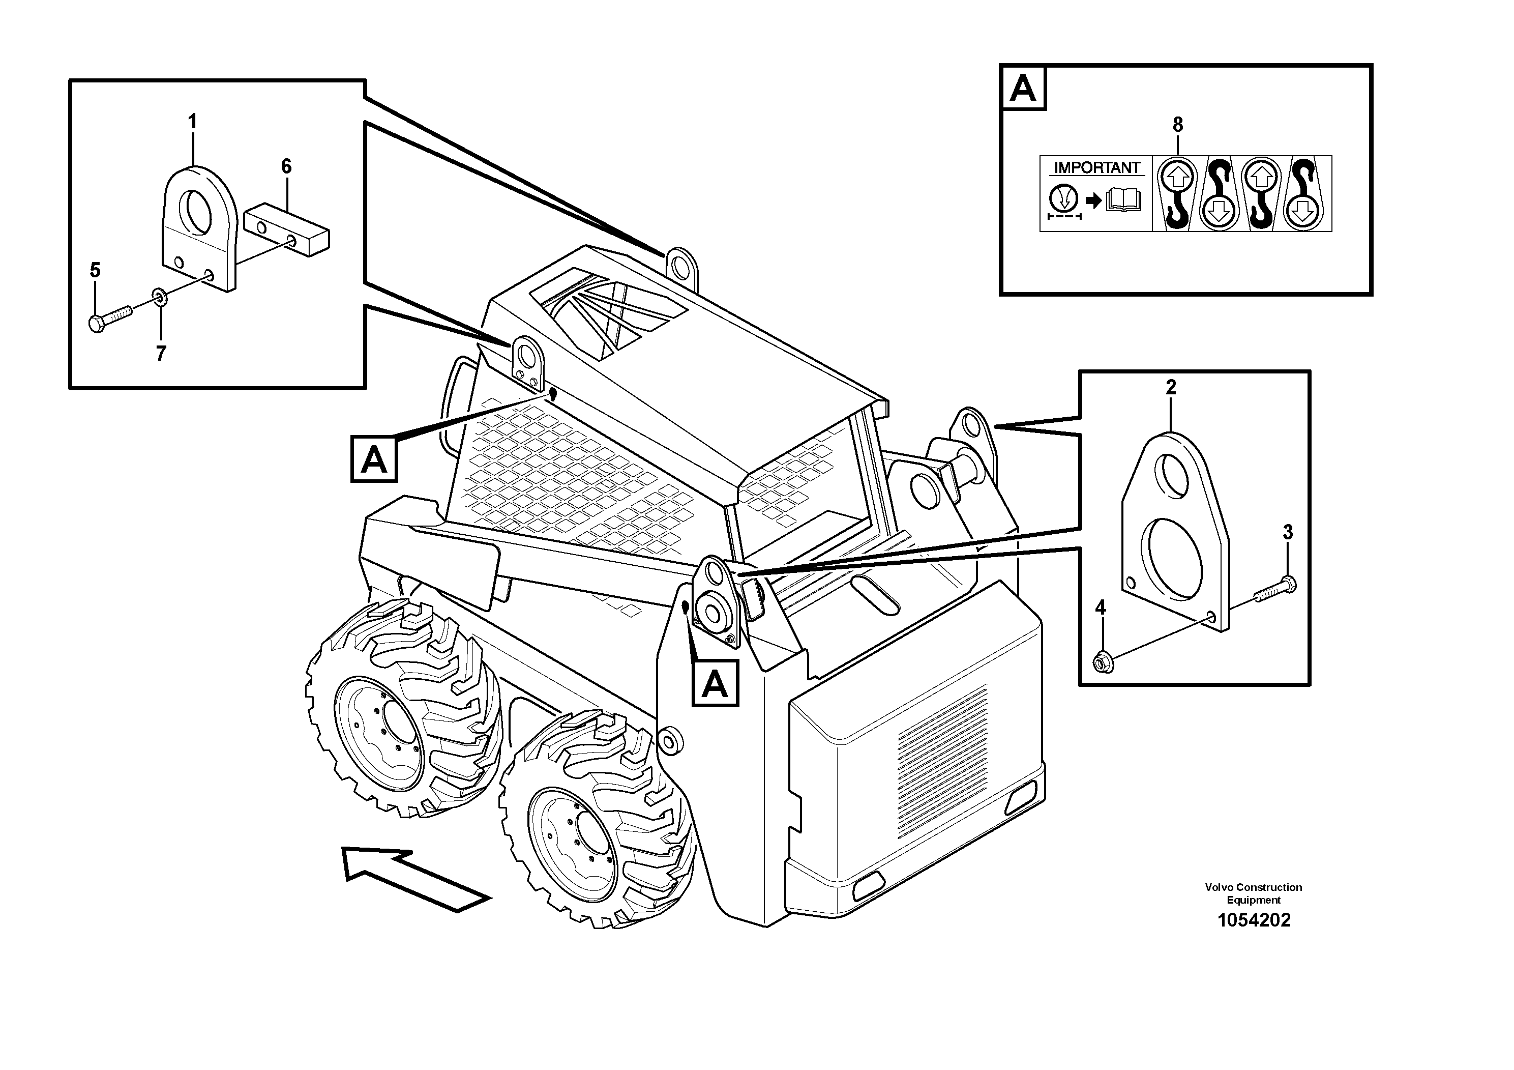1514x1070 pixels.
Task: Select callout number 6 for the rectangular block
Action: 286,166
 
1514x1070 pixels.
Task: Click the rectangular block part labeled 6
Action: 287,232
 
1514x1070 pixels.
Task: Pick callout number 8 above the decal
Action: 1178,124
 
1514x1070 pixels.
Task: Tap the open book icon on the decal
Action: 1125,199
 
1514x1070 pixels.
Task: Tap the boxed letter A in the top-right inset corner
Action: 1023,87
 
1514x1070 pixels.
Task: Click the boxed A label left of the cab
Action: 374,458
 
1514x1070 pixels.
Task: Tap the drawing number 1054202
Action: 1254,920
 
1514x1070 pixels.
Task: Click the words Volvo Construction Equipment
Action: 1253,893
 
